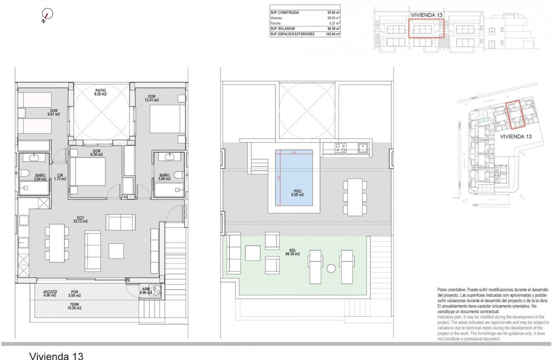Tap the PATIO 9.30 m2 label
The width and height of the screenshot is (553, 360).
(101, 92)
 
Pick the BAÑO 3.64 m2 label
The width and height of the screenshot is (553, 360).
(29, 177)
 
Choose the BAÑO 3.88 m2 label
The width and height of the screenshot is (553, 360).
(165, 177)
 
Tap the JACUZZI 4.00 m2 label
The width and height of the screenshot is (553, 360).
(51, 294)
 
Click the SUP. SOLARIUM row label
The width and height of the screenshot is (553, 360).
(284, 28)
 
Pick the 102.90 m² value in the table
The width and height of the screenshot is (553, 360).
(332, 34)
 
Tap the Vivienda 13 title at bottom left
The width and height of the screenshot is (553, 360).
(55, 355)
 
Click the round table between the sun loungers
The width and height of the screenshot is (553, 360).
(331, 269)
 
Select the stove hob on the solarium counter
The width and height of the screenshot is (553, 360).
(341, 147)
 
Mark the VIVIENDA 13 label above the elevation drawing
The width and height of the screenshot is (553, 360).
(426, 15)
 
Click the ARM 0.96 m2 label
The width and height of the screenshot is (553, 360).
(146, 291)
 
